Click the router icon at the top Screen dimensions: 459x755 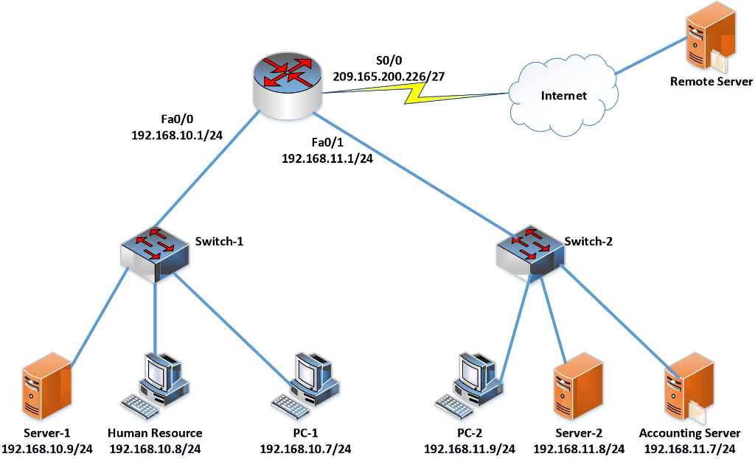pos(288,85)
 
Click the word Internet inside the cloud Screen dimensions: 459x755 pos(564,96)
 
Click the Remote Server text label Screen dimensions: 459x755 pos(711,83)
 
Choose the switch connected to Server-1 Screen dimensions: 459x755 pos(155,253)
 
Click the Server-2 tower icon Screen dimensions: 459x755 pos(578,386)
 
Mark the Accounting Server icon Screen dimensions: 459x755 pos(689,386)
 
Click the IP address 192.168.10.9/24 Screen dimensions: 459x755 pos(48,449)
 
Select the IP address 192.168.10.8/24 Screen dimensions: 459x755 pos(155,449)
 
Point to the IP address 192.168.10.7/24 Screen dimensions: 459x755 pos(305,449)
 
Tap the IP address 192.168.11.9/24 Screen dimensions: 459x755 pos(470,449)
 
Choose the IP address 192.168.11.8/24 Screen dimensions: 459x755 pos(579,449)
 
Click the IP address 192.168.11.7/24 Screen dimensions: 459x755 pos(689,449)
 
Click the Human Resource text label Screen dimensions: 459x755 pos(155,433)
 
